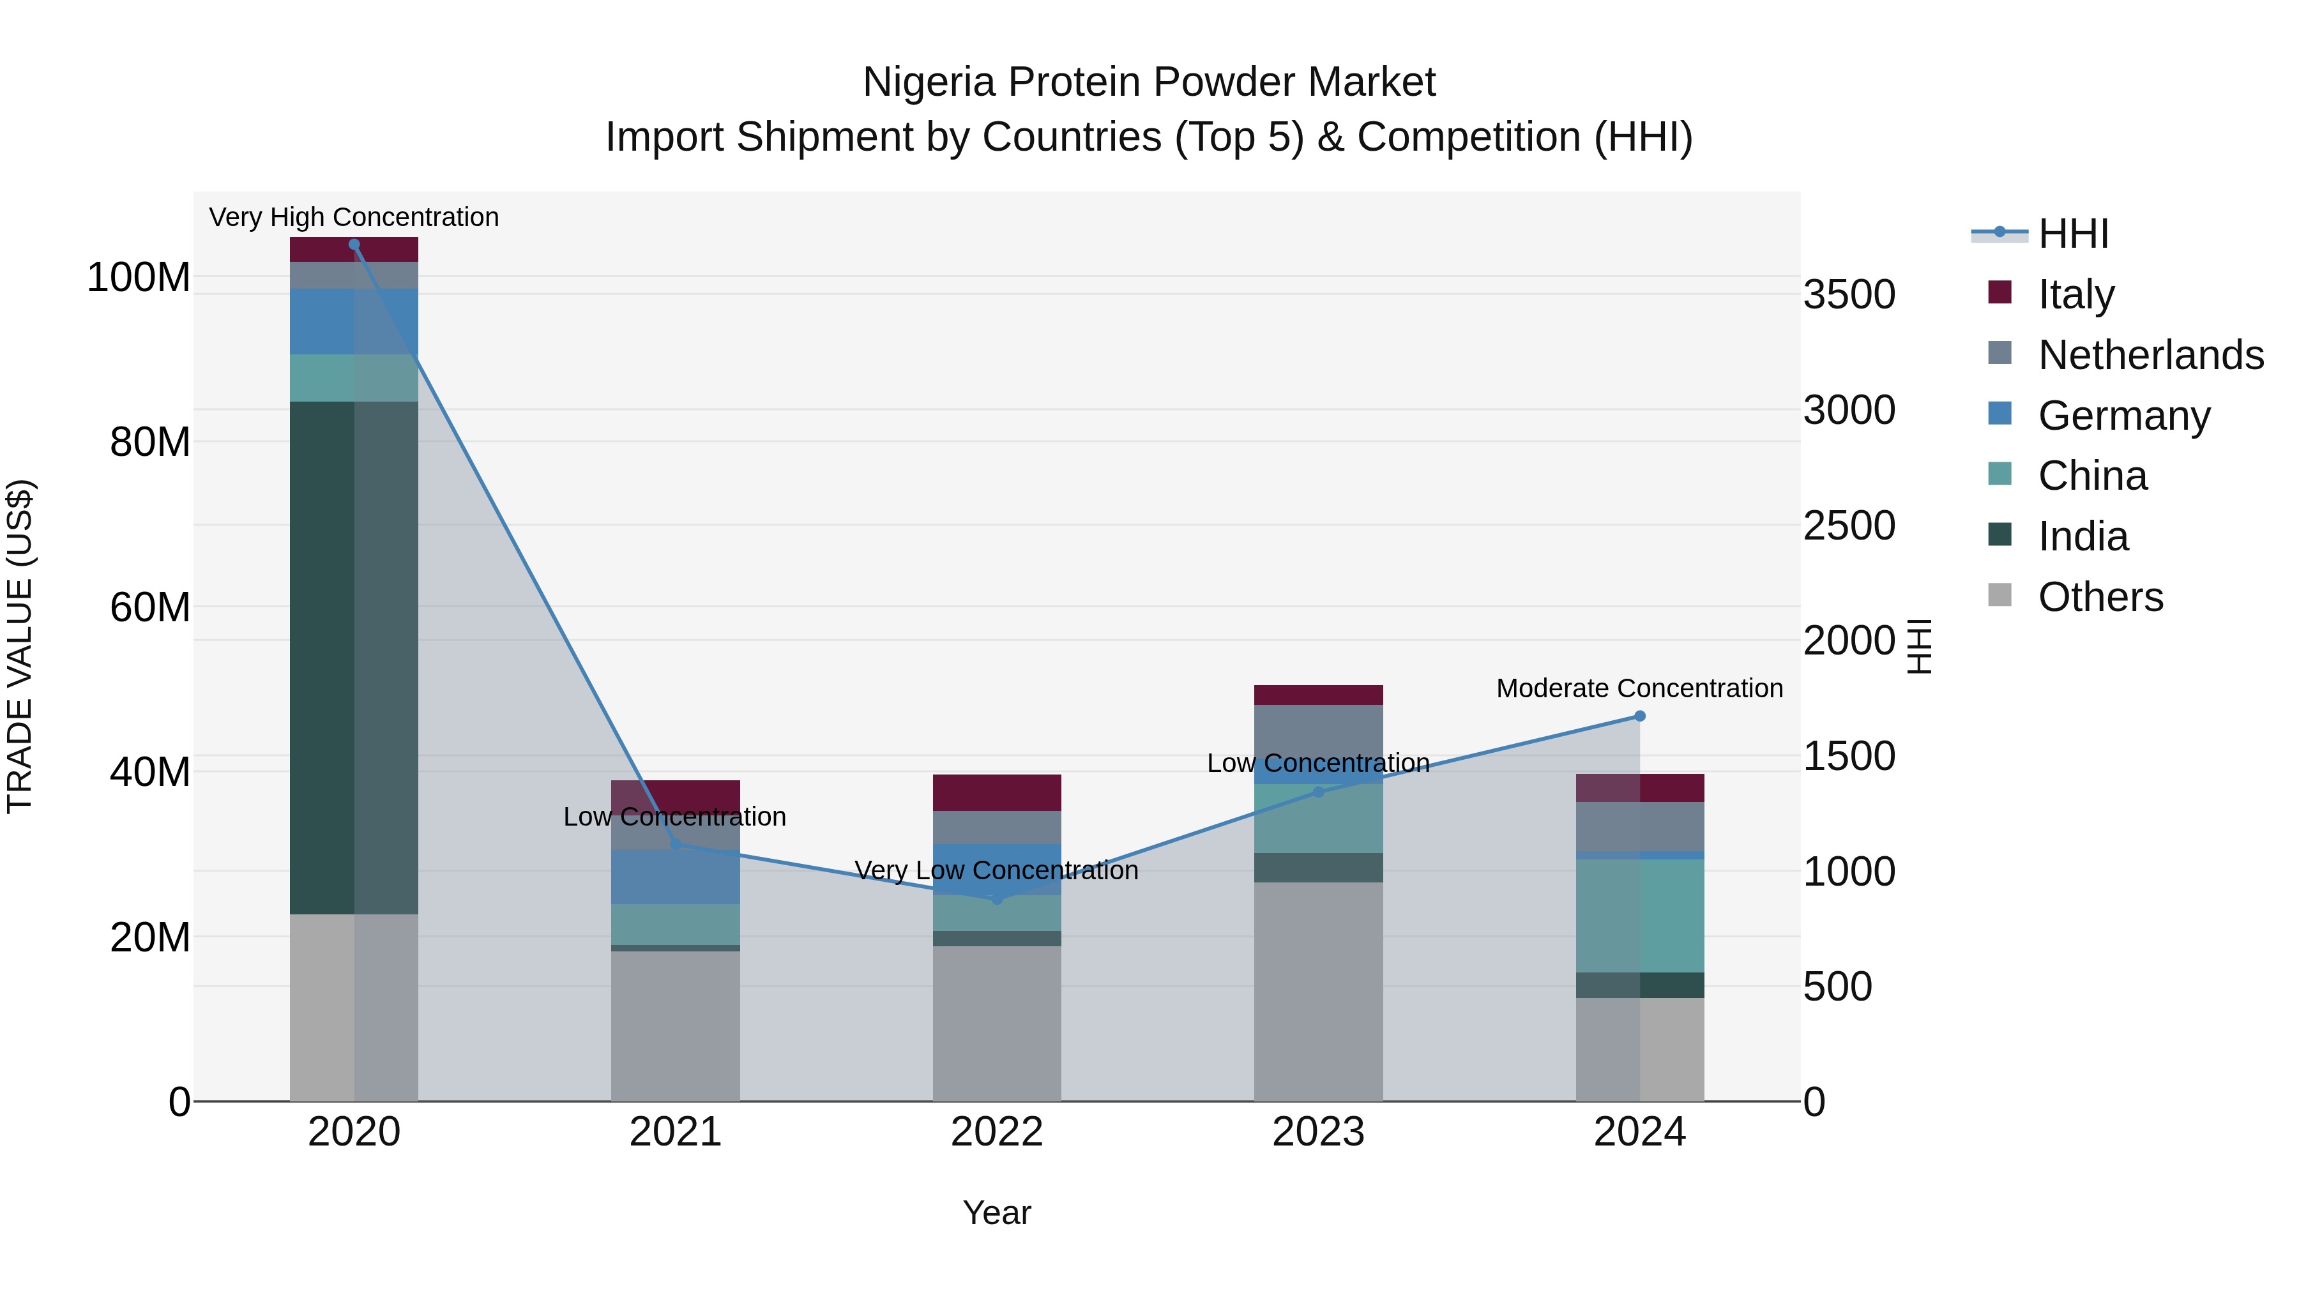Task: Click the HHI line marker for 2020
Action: pyautogui.click(x=354, y=245)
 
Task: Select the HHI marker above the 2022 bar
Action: pyautogui.click(x=997, y=898)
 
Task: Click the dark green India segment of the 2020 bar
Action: pyautogui.click(x=354, y=658)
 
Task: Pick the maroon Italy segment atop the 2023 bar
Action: pyautogui.click(x=1318, y=695)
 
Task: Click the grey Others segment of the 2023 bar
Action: pyautogui.click(x=1318, y=992)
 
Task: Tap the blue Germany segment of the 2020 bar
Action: pyautogui.click(x=354, y=321)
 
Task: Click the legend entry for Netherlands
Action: pyautogui.click(x=2151, y=355)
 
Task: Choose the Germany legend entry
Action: pyautogui.click(x=2124, y=416)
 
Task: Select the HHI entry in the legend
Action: pyautogui.click(x=2073, y=234)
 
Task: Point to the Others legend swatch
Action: pyautogui.click(x=2000, y=595)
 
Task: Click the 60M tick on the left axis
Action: pyautogui.click(x=150, y=608)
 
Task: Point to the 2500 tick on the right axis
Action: pyautogui.click(x=1849, y=526)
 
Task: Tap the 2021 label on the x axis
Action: pyautogui.click(x=676, y=1132)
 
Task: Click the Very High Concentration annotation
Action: pyautogui.click(x=354, y=217)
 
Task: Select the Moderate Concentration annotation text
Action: pyautogui.click(x=1639, y=688)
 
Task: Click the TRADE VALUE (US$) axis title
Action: pyautogui.click(x=20, y=646)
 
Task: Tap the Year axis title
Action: pyautogui.click(x=997, y=1213)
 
